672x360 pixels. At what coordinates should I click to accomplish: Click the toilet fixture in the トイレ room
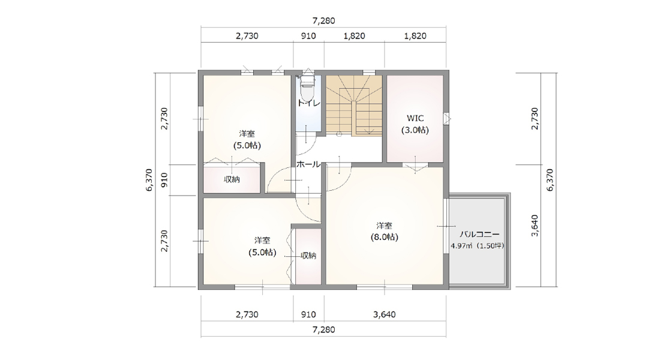coord(307,88)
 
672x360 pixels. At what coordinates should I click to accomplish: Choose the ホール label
coord(308,164)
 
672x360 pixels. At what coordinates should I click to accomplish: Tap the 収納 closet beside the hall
coord(232,179)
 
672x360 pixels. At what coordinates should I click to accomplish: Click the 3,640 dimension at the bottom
coord(384,314)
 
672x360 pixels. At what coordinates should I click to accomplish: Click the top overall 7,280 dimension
coord(323,20)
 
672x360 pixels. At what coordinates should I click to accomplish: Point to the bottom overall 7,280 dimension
coord(323,329)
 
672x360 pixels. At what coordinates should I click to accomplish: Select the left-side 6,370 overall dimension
coord(149,179)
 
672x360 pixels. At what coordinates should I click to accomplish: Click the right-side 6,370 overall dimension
coord(551,179)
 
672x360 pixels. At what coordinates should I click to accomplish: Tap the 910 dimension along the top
coord(308,36)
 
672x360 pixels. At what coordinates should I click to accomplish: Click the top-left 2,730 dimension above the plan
coord(247,36)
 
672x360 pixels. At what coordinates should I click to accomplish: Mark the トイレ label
coord(308,103)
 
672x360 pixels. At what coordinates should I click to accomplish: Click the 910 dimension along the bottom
coord(308,314)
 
